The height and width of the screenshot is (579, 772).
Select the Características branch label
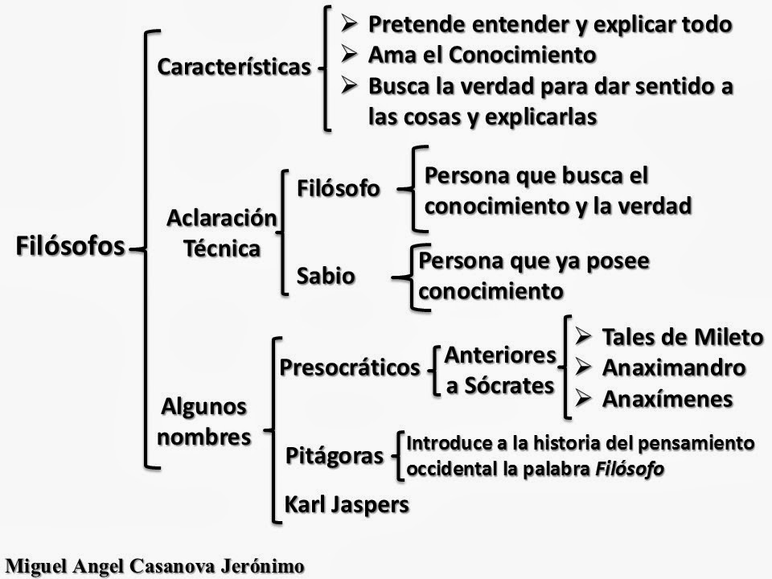pos(233,67)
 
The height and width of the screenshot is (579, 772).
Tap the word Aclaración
pos(222,217)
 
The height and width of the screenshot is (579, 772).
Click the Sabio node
pos(326,276)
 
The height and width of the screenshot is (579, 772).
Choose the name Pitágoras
pos(335,457)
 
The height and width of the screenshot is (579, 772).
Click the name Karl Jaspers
pos(347,504)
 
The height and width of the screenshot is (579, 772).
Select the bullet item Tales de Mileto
pos(681,337)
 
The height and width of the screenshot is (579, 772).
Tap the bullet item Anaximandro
pos(673,368)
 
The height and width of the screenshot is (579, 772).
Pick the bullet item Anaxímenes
pos(667,399)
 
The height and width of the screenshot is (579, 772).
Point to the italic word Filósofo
pos(630,469)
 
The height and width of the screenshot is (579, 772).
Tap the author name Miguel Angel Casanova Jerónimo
pos(155,565)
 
